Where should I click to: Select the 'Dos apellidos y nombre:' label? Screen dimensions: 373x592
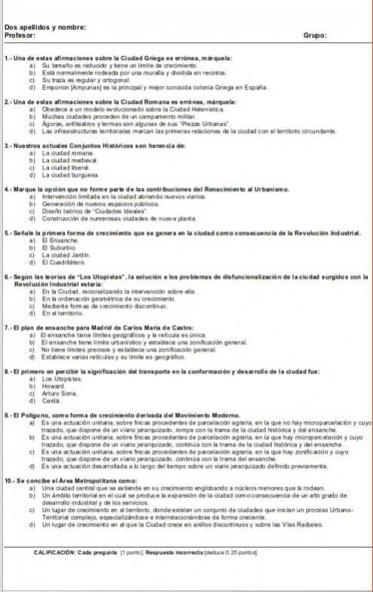tap(44, 28)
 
